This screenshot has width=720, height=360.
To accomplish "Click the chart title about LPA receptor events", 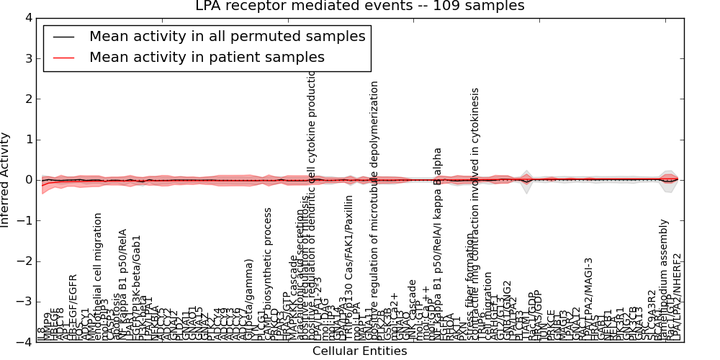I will pyautogui.click(x=360, y=6).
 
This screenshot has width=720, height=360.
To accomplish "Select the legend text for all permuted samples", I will pyautogui.click(x=227, y=37).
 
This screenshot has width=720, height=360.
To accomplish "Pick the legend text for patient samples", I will pyautogui.click(x=207, y=57).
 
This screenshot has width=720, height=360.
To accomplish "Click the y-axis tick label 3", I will pyautogui.click(x=27, y=58).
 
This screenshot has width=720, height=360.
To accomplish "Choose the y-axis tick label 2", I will pyautogui.click(x=27, y=99).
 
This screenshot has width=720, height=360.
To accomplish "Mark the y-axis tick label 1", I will pyautogui.click(x=27, y=140).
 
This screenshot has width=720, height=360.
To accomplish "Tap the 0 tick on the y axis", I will pyautogui.click(x=27, y=180).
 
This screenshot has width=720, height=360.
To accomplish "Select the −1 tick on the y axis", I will pyautogui.click(x=24, y=221).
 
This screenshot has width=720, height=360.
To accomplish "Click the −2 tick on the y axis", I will pyautogui.click(x=24, y=261).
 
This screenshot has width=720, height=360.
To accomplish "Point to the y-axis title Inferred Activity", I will pyautogui.click(x=6, y=180).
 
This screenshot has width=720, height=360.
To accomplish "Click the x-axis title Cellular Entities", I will pyautogui.click(x=359, y=351).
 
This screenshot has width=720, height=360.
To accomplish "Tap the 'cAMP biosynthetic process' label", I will pyautogui.click(x=269, y=274).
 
